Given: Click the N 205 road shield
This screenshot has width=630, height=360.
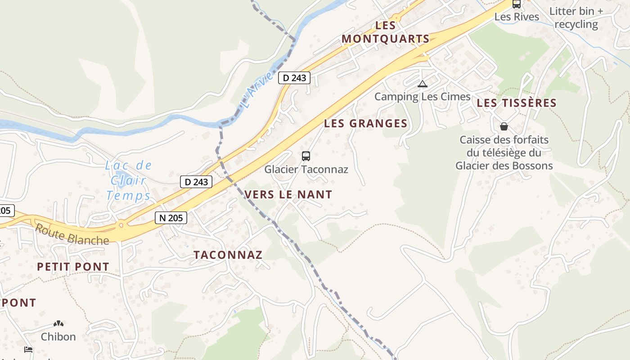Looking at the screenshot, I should click(171, 218).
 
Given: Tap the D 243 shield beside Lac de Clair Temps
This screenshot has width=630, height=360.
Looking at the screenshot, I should click(196, 182).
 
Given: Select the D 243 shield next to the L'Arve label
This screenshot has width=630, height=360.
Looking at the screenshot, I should click(295, 78).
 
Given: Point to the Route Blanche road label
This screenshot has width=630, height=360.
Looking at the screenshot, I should click(72, 234).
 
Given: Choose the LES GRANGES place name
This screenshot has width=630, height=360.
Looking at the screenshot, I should click(365, 123).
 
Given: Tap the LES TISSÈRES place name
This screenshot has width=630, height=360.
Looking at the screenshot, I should click(517, 103).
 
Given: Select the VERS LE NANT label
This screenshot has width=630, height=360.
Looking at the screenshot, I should click(288, 195).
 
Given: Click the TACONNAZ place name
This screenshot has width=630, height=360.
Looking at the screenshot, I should click(228, 255).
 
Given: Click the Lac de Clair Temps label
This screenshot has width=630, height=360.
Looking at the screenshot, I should click(128, 180).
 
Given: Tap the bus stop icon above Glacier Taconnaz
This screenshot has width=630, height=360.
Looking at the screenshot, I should click(306, 156).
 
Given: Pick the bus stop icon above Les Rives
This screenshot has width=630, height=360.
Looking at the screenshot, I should click(517, 4).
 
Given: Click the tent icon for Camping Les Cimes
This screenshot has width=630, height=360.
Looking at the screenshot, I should click(422, 84).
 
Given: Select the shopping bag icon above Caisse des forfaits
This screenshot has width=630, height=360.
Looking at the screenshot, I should click(504, 126).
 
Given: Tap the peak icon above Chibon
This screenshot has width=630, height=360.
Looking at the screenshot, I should click(58, 323).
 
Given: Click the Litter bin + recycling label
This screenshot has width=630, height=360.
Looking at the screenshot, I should click(576, 18).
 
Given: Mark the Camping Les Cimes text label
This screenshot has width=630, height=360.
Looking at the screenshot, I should click(422, 97).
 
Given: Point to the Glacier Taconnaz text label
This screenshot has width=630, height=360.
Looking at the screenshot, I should click(306, 170).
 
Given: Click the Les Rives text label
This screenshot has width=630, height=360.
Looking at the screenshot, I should click(517, 17).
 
